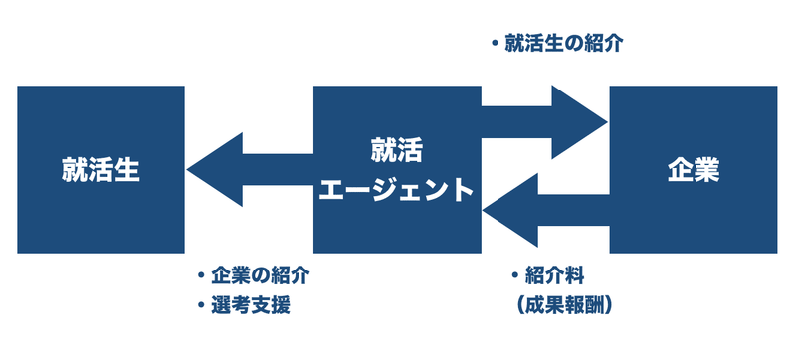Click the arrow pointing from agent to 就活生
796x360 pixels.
tap(249, 170)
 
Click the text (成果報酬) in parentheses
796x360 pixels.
tap(564, 305)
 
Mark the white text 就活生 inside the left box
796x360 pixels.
tap(100, 170)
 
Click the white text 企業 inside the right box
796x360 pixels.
tap(694, 170)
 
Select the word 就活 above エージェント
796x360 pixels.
tap(396, 152)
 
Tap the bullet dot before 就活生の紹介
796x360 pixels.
tap(495, 44)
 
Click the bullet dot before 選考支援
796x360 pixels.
tap(202, 305)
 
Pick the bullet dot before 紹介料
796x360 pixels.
tap(514, 275)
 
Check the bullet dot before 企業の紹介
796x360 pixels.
tap(202, 275)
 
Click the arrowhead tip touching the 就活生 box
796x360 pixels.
tap(189, 170)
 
